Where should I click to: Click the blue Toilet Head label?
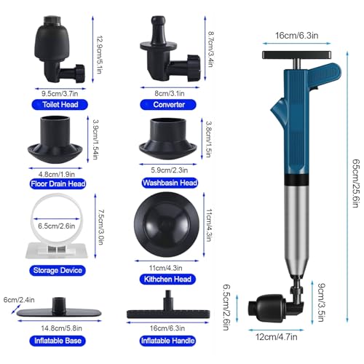(60, 105)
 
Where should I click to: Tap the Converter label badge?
(168, 105)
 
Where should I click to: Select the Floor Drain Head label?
(58, 183)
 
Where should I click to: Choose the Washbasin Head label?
(170, 183)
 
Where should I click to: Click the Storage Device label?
(58, 270)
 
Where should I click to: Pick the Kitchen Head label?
(167, 279)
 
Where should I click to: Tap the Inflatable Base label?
(58, 341)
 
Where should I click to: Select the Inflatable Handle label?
(167, 341)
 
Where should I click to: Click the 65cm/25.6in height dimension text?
(355, 183)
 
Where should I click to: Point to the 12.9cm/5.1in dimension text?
(100, 55)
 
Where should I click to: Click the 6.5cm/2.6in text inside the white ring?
(56, 226)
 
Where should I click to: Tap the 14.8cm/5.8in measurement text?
(61, 328)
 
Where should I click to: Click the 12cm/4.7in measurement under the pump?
(276, 337)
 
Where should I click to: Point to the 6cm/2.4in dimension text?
(19, 300)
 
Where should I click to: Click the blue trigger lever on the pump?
(325, 75)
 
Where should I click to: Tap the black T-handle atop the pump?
(296, 55)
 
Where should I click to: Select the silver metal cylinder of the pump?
(296, 229)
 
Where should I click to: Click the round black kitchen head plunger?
(167, 225)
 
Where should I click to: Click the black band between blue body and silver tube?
(296, 180)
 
